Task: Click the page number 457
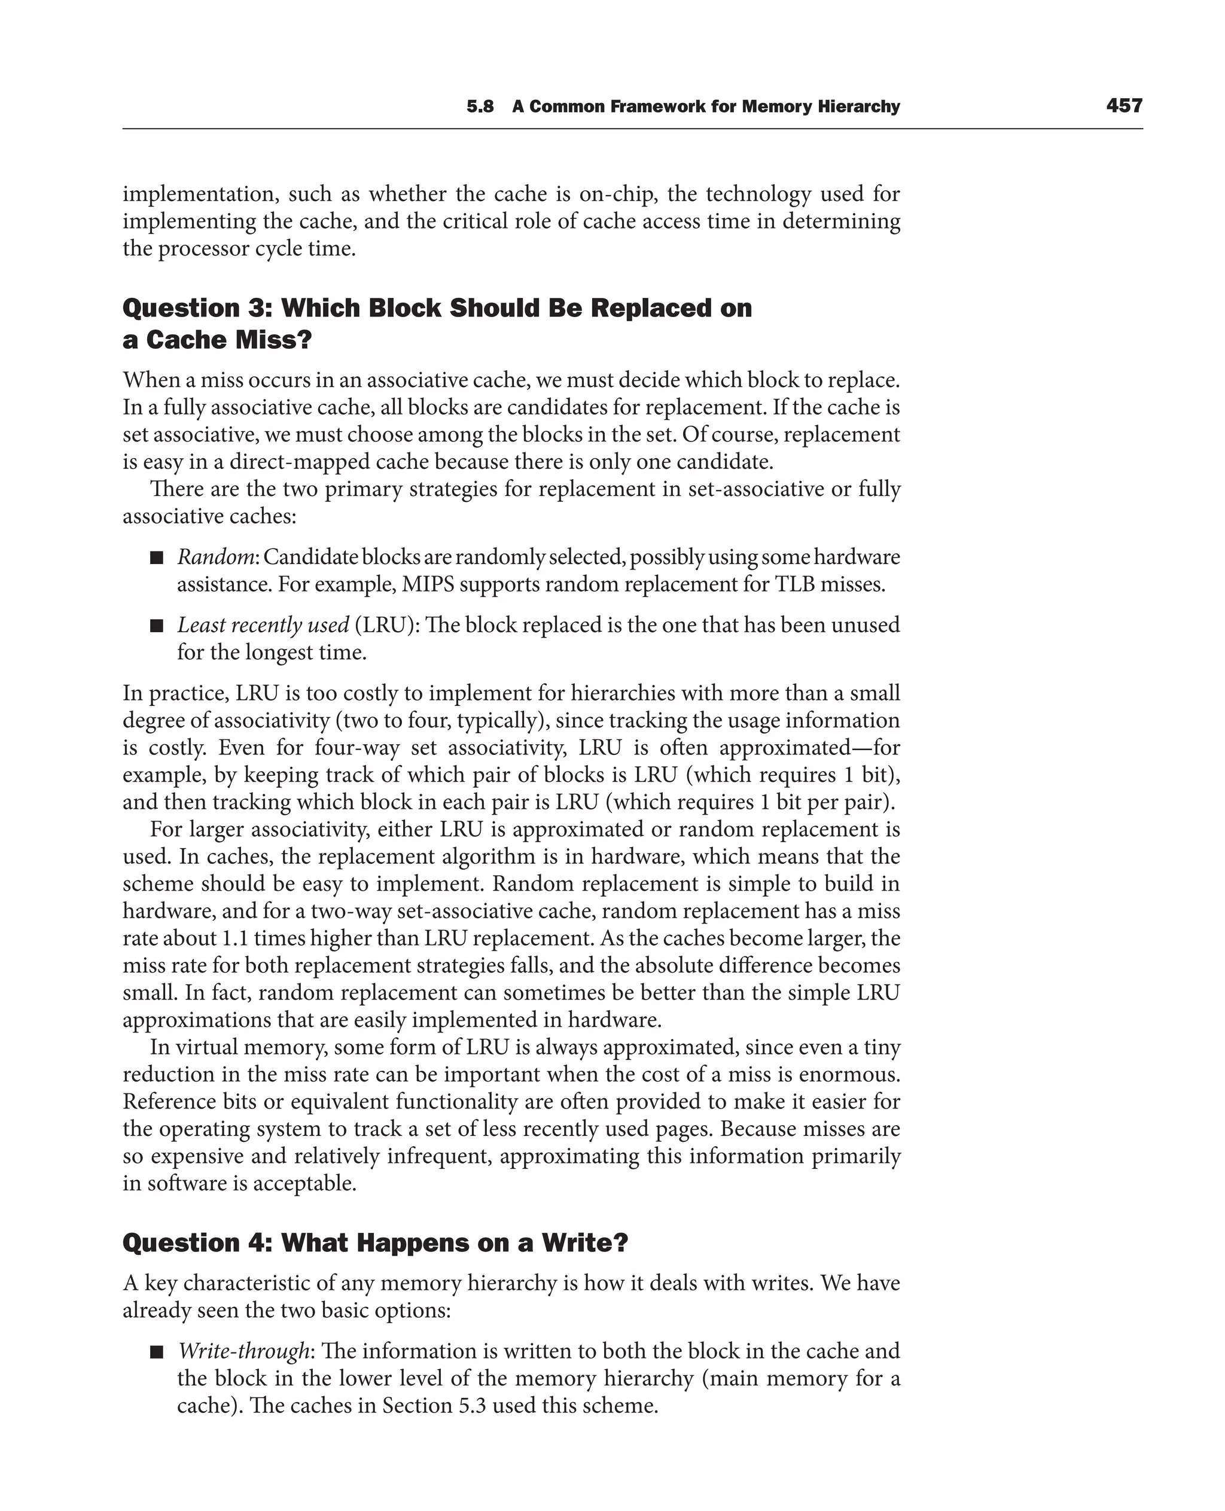1124,106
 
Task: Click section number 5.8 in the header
480,107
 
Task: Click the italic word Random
215,558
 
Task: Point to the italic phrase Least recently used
263,625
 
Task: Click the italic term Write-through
243,1351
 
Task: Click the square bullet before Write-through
157,1352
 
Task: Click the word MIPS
428,585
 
